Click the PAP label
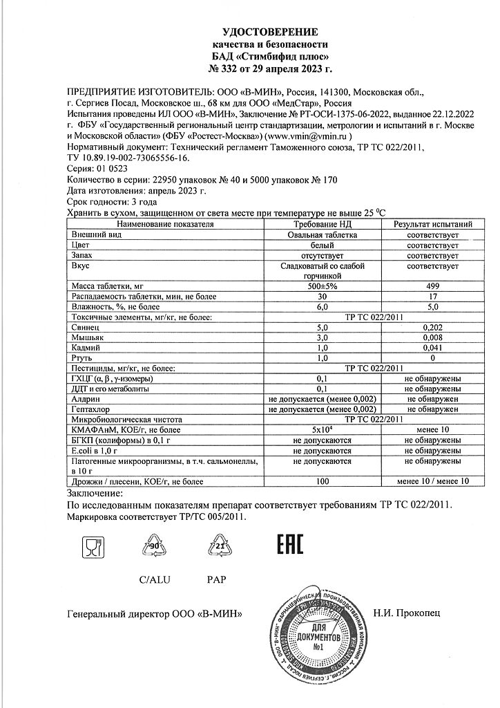click(217, 579)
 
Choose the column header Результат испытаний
click(433, 224)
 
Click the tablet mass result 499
click(433, 286)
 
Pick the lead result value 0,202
click(433, 327)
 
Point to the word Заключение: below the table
click(95, 493)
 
